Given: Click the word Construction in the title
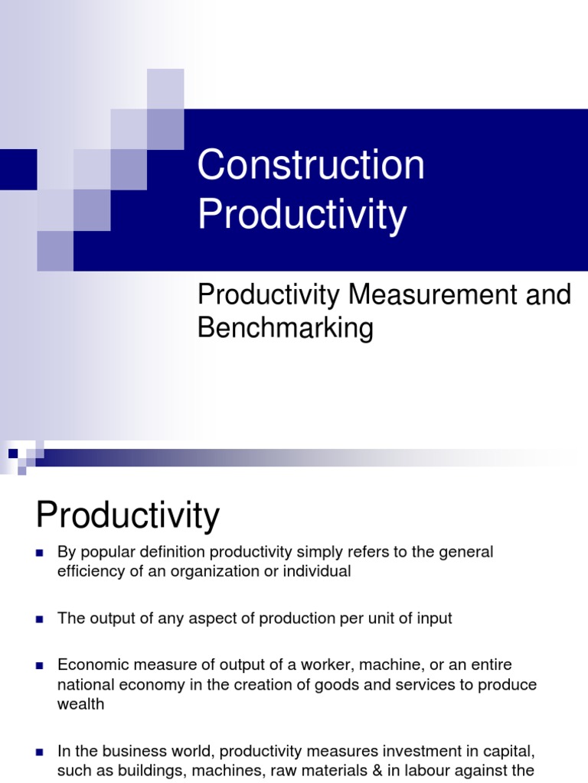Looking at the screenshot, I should point(311,166).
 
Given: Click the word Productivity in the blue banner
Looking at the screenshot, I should point(302,215).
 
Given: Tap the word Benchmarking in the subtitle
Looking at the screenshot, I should point(285,328).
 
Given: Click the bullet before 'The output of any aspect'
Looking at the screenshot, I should point(40,619).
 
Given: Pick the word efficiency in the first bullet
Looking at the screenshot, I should point(88,572).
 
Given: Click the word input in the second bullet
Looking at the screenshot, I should point(435,619).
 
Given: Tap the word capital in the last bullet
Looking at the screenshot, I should point(501,752).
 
